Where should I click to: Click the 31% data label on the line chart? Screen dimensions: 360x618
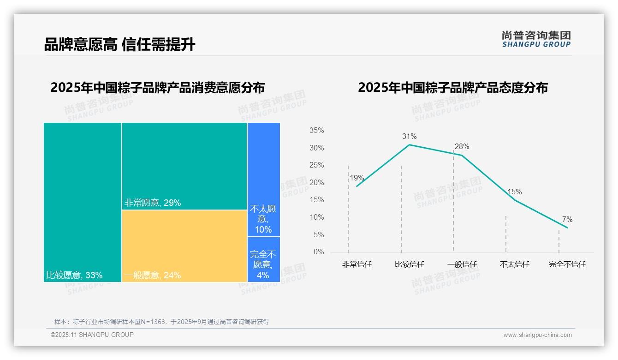click(x=409, y=136)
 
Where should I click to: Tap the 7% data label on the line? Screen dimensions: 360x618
click(x=567, y=219)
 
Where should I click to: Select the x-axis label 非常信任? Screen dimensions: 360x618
click(x=357, y=264)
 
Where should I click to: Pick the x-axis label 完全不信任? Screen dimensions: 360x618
click(x=567, y=264)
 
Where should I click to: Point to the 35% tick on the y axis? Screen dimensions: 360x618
click(x=316, y=131)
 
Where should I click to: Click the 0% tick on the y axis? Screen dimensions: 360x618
click(x=318, y=252)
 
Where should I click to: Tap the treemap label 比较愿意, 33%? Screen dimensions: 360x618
click(x=74, y=276)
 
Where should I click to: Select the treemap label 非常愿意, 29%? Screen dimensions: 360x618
click(x=152, y=203)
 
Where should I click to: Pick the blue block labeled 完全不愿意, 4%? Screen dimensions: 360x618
click(x=263, y=259)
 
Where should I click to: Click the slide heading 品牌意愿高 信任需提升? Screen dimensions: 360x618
click(x=119, y=44)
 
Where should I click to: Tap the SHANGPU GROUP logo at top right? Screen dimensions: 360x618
click(x=536, y=39)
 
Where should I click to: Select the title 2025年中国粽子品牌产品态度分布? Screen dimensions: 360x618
click(x=452, y=88)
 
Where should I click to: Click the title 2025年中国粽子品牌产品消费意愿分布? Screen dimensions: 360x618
click(x=158, y=88)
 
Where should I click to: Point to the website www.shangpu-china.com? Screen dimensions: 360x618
click(x=537, y=335)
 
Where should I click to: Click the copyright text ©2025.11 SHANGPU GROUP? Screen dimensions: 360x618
click(x=92, y=335)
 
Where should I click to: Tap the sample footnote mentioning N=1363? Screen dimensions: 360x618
click(x=161, y=322)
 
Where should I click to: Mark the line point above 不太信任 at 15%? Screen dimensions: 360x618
click(x=515, y=199)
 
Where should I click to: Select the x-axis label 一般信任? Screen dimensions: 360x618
click(x=462, y=264)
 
